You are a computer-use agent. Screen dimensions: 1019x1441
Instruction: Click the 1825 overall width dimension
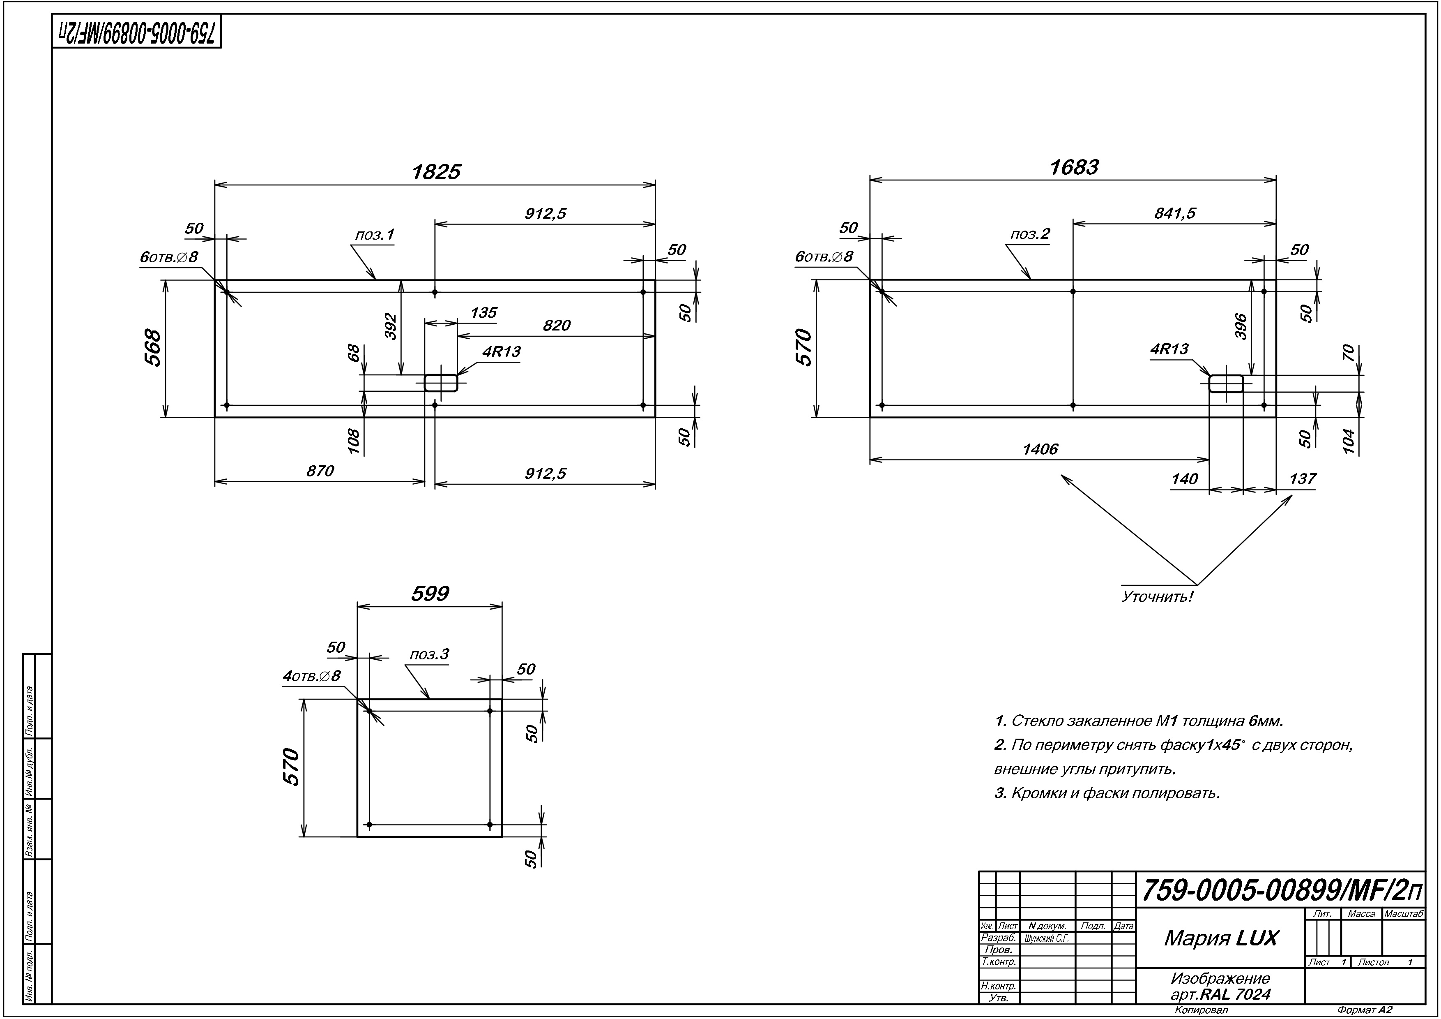435,172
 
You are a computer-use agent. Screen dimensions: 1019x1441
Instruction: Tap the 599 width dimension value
430,593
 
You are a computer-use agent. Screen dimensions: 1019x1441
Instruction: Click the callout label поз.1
375,235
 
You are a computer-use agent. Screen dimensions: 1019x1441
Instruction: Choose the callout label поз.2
1030,234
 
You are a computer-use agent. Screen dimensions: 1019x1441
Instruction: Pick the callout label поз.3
429,654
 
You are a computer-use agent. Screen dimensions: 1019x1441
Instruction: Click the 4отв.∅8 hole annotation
311,676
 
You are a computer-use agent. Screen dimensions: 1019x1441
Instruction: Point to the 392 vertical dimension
390,326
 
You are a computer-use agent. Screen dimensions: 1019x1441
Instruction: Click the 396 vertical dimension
1241,326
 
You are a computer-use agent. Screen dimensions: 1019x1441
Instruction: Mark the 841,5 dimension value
1175,213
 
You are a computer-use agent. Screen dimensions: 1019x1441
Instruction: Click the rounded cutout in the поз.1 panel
441,382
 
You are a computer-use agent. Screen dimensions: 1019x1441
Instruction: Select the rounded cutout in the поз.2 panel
1226,383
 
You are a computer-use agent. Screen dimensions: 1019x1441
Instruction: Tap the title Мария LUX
1221,938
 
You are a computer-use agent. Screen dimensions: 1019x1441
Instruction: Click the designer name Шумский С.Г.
1047,938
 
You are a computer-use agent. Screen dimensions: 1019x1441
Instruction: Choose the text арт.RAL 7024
1220,994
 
